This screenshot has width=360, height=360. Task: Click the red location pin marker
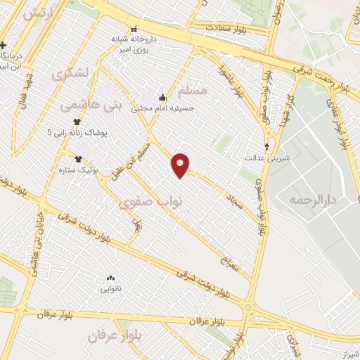(181, 165)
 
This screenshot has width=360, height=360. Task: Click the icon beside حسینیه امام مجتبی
(163, 97)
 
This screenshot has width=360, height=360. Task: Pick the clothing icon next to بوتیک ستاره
(78, 159)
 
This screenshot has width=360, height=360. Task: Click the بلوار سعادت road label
(229, 28)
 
